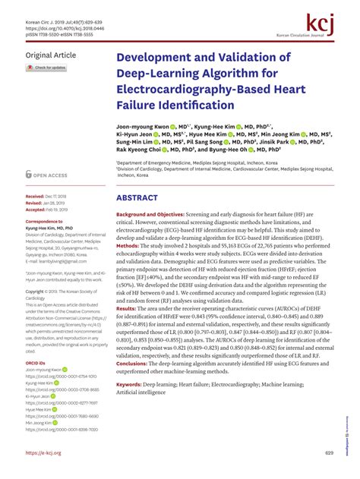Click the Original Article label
click(x=51, y=56)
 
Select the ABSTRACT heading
click(x=137, y=198)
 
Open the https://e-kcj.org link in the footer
click(x=43, y=453)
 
